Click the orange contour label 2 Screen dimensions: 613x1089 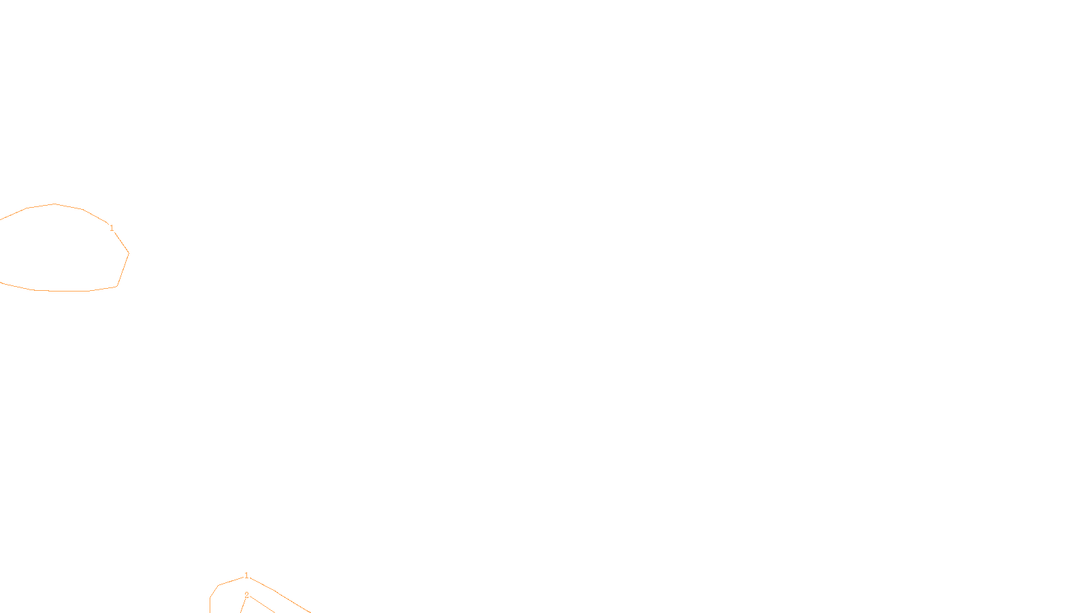[x=246, y=595]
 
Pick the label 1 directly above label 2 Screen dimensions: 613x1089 [x=246, y=576]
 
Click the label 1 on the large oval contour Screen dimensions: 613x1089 [x=112, y=228]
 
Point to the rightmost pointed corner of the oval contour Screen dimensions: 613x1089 [x=129, y=253]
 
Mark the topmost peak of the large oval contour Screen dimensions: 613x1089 [x=54, y=204]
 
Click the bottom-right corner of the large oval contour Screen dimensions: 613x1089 [x=117, y=286]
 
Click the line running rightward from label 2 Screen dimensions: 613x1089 [x=261, y=604]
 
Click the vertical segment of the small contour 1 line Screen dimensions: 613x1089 [x=210, y=606]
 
